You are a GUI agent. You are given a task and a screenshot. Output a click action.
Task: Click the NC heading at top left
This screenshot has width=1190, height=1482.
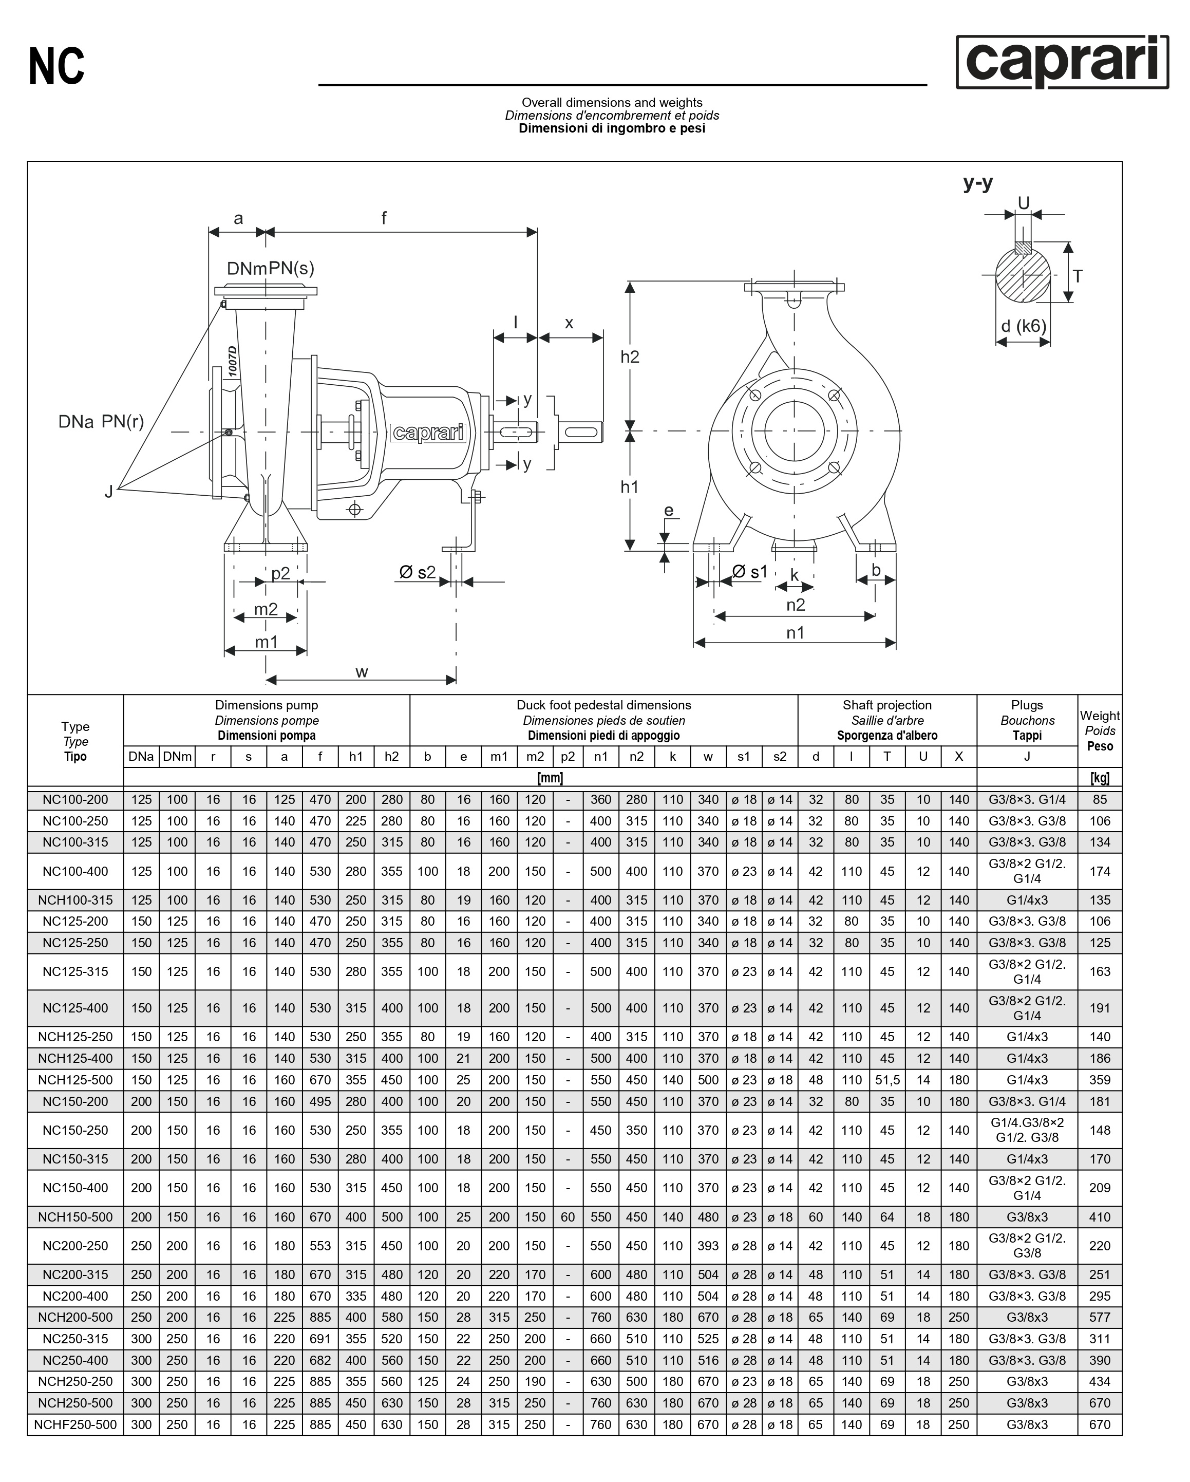57,67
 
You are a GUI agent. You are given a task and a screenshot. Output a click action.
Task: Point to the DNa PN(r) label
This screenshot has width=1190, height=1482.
101,421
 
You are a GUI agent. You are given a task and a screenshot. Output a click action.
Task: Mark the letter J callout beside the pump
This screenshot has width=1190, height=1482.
108,492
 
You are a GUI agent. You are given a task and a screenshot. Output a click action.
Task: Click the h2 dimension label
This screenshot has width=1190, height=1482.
629,356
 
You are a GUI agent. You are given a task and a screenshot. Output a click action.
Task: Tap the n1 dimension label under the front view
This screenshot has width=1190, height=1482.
795,632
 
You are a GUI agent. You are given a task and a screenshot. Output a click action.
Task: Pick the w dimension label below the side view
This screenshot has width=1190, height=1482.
362,671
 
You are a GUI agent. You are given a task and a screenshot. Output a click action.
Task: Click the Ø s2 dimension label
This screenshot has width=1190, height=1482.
417,572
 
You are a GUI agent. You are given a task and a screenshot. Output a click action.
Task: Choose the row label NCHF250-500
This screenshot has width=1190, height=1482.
75,1424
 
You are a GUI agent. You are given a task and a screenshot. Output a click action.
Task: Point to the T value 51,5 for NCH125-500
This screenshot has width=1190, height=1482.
887,1080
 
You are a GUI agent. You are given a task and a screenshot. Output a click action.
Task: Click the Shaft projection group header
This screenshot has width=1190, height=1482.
887,720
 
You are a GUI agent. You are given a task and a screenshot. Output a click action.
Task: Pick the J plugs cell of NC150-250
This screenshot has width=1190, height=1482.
1027,1130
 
